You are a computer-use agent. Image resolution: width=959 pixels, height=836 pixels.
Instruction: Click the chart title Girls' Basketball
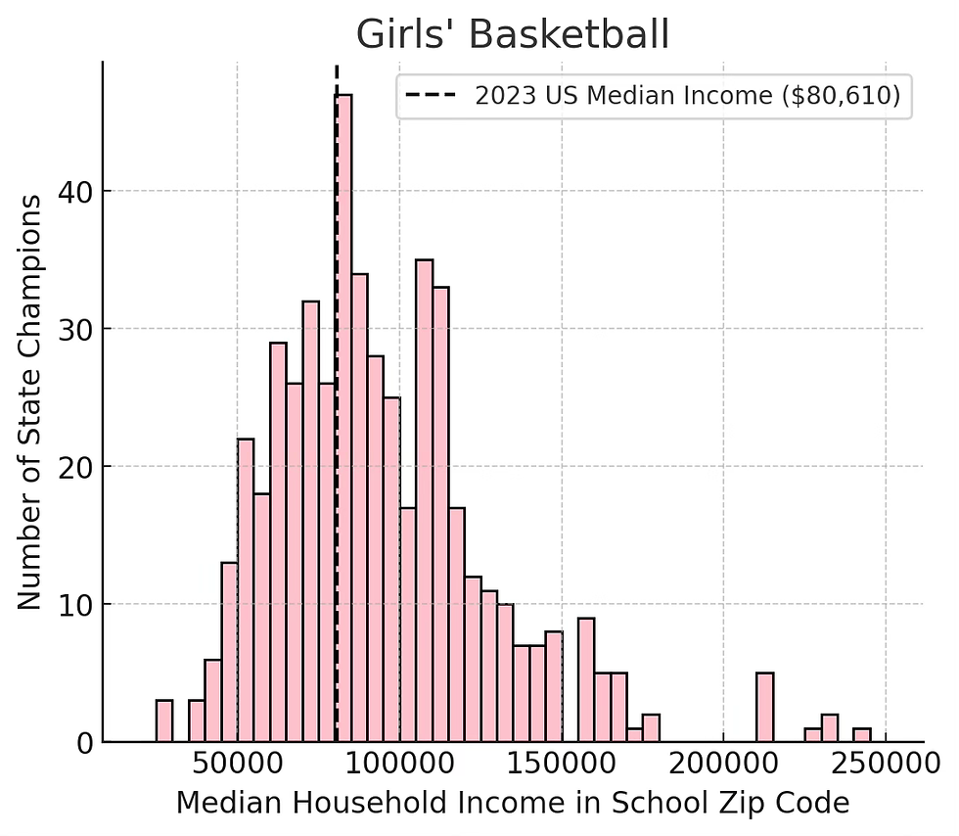tap(512, 35)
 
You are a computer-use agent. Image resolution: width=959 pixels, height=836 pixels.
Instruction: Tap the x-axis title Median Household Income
tap(512, 804)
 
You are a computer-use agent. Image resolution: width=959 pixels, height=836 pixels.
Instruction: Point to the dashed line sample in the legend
tap(430, 96)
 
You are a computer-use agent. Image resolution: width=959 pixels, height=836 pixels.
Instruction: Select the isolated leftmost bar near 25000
tap(164, 721)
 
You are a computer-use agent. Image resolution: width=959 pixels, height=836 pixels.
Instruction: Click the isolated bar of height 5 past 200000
tap(764, 708)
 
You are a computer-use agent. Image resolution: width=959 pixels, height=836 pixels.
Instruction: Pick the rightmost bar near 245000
tap(861, 735)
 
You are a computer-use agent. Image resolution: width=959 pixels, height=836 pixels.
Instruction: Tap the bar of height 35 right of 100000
tap(424, 501)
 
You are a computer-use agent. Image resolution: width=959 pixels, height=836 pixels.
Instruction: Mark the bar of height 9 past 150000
tap(586, 680)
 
